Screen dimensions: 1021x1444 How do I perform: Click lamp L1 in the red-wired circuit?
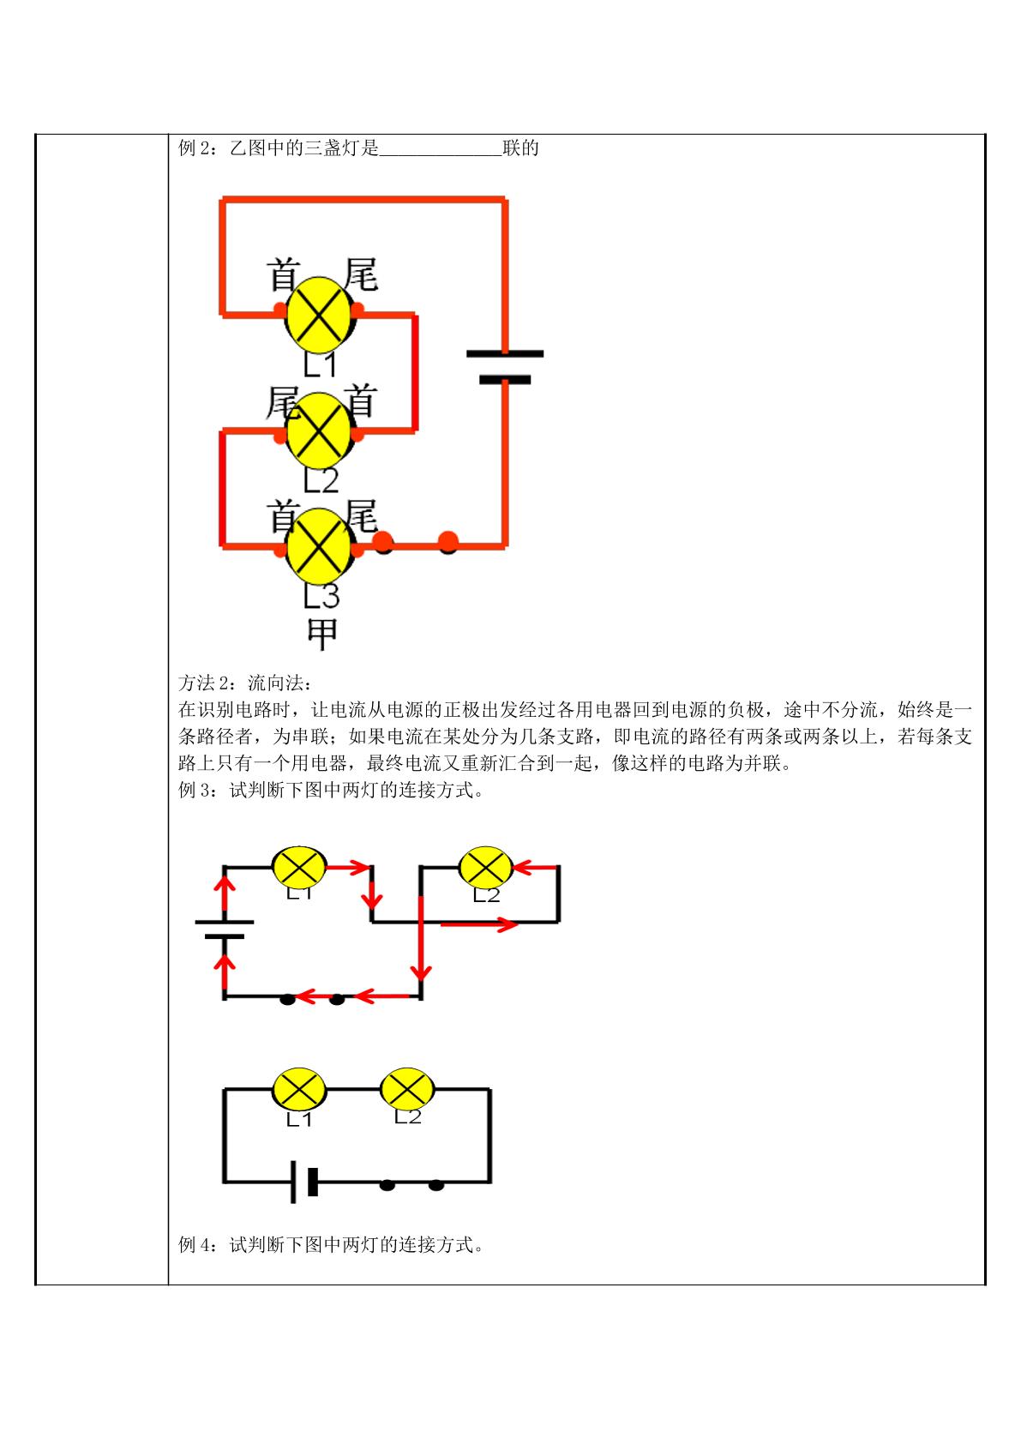[x=319, y=316]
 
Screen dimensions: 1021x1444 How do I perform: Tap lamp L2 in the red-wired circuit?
[x=319, y=430]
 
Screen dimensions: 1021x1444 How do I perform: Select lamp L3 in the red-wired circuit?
[x=319, y=546]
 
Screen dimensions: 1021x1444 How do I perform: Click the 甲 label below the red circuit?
[x=322, y=634]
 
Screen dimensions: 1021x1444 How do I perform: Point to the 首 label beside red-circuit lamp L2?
[x=360, y=401]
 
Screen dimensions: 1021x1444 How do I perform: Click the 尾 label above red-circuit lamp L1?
[x=361, y=274]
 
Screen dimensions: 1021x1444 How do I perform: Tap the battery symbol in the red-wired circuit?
[x=505, y=367]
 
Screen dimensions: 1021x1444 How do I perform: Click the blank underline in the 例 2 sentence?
[x=441, y=154]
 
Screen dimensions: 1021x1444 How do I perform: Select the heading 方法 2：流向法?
[x=245, y=682]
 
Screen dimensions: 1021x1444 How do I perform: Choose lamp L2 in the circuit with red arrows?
[x=485, y=867]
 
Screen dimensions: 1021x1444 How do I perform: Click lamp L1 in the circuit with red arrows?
[x=299, y=867]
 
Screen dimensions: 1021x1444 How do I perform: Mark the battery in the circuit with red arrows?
[x=225, y=929]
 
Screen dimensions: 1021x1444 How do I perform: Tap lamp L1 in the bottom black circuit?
[x=299, y=1090]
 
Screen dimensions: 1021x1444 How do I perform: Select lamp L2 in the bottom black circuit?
[x=406, y=1090]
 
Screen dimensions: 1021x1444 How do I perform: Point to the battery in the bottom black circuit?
[x=304, y=1182]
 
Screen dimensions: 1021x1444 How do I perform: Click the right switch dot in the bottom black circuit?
[x=436, y=1185]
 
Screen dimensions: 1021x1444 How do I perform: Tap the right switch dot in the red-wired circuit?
[x=448, y=542]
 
